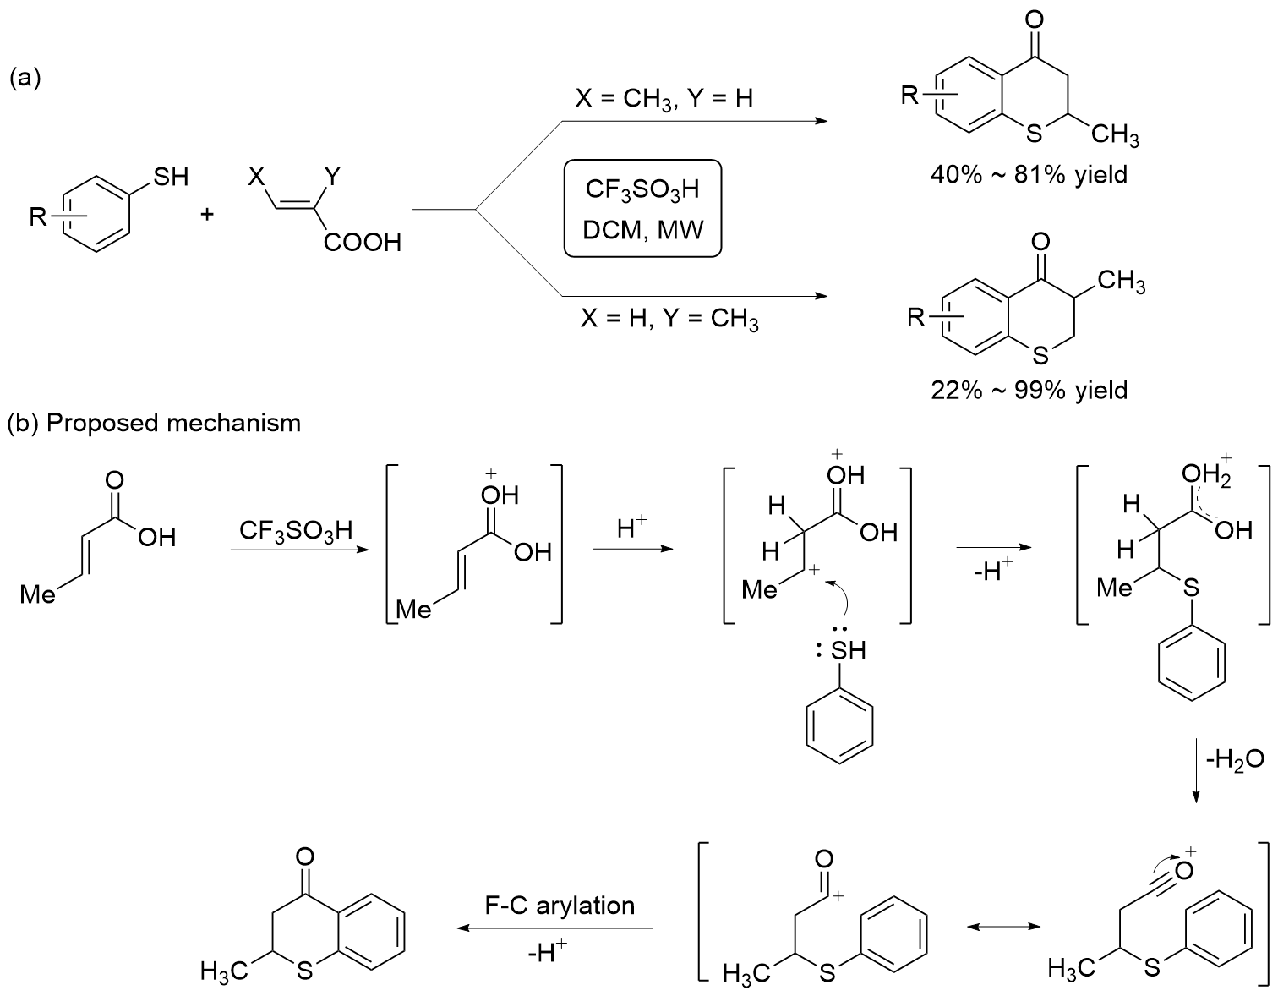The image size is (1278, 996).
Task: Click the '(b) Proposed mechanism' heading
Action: (154, 422)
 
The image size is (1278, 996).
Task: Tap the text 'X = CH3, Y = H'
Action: (664, 99)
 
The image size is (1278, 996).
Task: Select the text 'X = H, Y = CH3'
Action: (669, 320)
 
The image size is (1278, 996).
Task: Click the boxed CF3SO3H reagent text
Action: (642, 189)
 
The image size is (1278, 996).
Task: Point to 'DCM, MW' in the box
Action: (642, 227)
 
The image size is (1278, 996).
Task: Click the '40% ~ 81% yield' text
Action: (1029, 176)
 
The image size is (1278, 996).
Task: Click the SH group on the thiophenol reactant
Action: (170, 177)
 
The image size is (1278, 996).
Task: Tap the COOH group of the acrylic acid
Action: (361, 244)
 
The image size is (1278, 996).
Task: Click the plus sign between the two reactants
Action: (207, 215)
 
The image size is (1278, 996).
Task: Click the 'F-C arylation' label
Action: (560, 906)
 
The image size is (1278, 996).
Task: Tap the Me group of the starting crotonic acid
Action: (38, 595)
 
